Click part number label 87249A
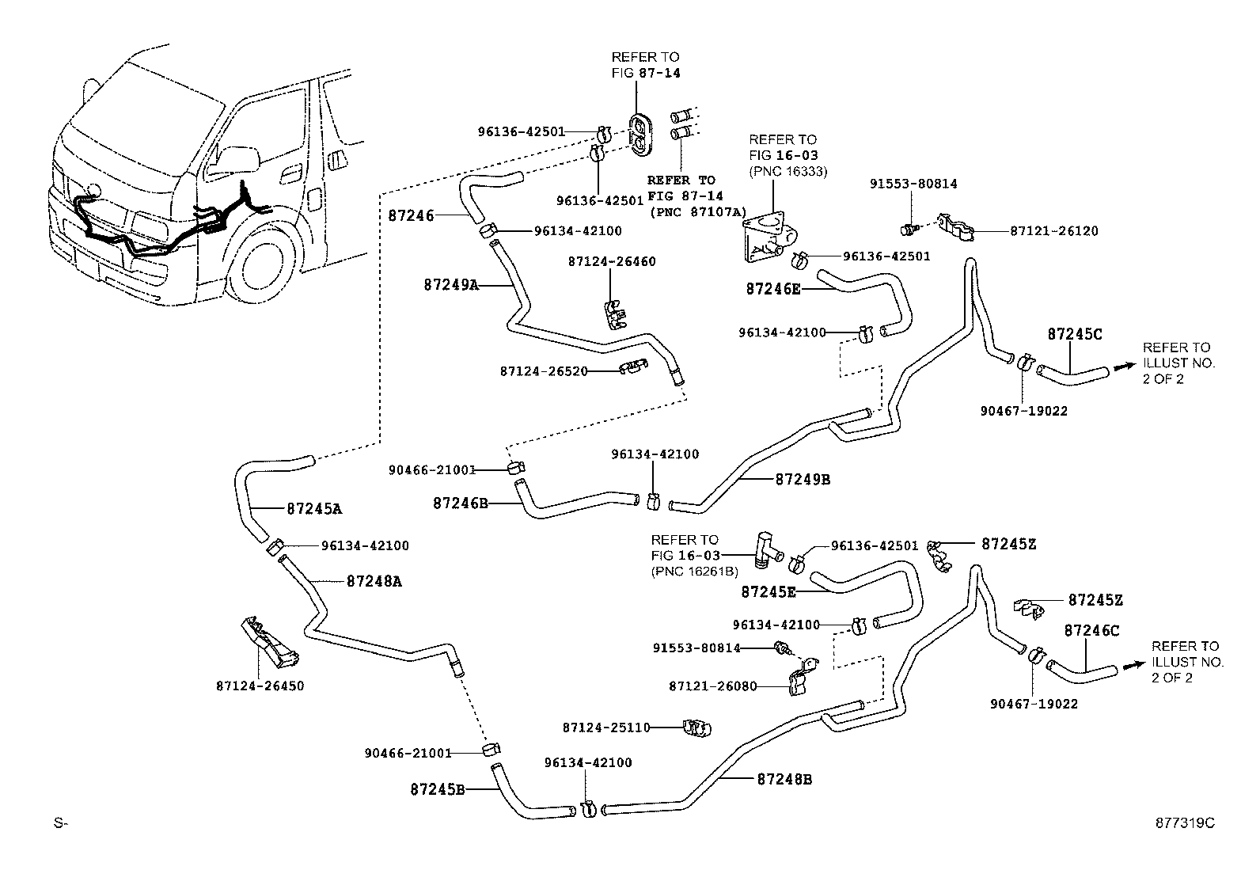(451, 284)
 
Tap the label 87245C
(1074, 334)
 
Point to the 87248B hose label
(784, 779)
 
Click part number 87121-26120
(1053, 231)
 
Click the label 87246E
(772, 290)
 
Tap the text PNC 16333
(788, 171)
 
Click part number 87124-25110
(605, 727)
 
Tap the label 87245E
(769, 591)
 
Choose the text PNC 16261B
(694, 571)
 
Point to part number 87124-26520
(543, 370)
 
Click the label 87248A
(374, 581)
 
